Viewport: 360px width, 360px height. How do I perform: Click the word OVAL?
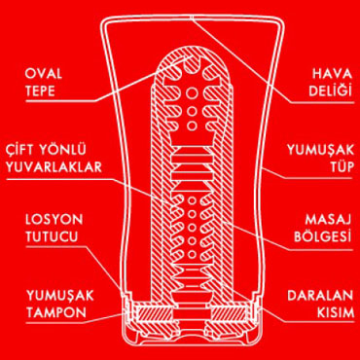click(x=44, y=74)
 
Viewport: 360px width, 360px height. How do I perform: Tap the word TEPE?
click(x=40, y=91)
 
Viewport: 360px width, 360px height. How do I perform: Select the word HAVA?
click(x=333, y=74)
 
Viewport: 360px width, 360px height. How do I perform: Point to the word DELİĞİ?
click(x=330, y=91)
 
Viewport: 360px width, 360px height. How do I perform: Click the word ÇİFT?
click(x=19, y=150)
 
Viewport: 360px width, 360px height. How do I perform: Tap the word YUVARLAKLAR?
click(x=54, y=167)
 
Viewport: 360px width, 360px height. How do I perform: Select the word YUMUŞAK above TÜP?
click(x=320, y=150)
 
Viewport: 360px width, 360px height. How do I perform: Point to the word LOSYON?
click(x=54, y=220)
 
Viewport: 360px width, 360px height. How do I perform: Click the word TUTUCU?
click(x=52, y=236)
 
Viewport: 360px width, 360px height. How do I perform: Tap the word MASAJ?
click(x=329, y=220)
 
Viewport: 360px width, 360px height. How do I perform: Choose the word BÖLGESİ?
click(x=323, y=236)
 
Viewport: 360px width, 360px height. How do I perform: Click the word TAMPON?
click(x=56, y=312)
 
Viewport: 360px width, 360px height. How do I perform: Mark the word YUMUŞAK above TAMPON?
click(x=60, y=296)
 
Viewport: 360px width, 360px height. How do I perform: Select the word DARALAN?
click(x=320, y=296)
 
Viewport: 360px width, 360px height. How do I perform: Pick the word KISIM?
click(x=335, y=312)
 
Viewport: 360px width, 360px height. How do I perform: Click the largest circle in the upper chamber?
click(x=192, y=94)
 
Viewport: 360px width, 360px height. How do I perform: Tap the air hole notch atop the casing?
click(x=193, y=18)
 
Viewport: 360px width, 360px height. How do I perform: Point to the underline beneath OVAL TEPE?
click(x=61, y=101)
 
